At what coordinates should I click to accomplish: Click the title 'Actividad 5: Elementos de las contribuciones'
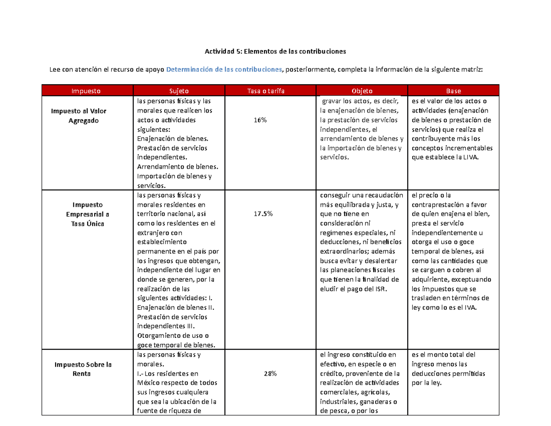[275, 51]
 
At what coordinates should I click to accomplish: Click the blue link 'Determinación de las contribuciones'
[224, 69]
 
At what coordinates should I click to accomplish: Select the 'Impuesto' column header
[87, 91]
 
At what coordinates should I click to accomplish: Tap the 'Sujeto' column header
[179, 91]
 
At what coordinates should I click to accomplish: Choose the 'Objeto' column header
[362, 91]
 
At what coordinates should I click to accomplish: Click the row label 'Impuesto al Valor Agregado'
[80, 115]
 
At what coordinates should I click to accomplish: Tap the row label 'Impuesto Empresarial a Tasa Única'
[87, 214]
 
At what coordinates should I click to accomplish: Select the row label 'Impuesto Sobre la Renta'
[83, 369]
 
